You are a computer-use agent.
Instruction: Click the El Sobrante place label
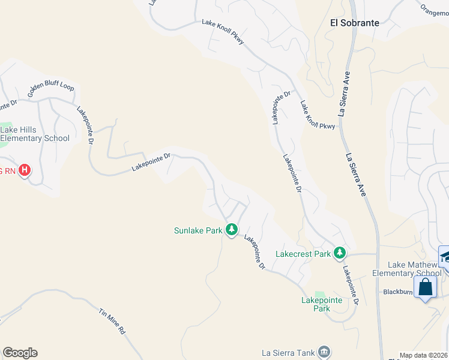coord(355,23)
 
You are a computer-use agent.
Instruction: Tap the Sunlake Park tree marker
coord(232,229)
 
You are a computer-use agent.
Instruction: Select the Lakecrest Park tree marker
coord(340,253)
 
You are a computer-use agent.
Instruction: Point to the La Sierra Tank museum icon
coord(324,352)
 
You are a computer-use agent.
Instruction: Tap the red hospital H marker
coord(25,170)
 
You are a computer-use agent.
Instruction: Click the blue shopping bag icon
coord(425,287)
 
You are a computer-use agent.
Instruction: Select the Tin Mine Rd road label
coord(112,321)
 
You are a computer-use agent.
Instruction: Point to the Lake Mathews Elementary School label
coord(414,269)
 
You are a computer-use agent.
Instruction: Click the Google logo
coord(20,353)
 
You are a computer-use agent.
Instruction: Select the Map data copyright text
coord(424,355)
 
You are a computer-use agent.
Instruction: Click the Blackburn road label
coord(397,292)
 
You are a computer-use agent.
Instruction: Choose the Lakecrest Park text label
coord(303,254)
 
